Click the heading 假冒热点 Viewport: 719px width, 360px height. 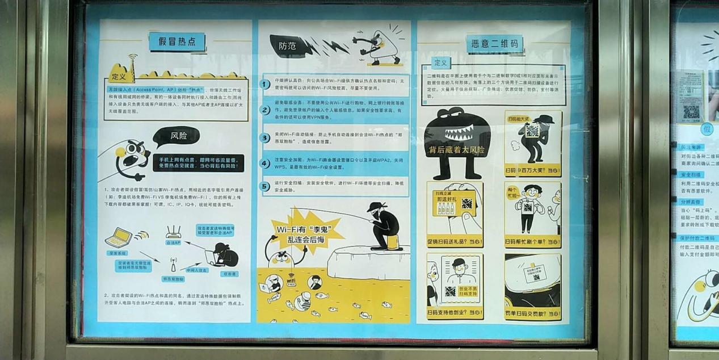coord(177,41)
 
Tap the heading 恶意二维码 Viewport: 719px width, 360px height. coord(494,44)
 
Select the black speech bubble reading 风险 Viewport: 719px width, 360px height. coord(176,136)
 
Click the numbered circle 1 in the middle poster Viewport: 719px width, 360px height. coord(264,84)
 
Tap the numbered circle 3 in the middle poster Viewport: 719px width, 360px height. coord(264,137)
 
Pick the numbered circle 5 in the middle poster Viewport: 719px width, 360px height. coord(264,186)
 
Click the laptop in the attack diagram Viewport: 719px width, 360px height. coord(119,237)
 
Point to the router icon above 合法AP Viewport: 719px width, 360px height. coord(173,232)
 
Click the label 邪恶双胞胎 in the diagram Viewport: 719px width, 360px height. coord(173,279)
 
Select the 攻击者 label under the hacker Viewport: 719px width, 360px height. coord(229,274)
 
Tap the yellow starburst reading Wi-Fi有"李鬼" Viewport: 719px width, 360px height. coord(300,233)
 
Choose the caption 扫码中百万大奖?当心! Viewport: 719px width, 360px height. coord(532,170)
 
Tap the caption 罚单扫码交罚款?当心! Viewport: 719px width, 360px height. coord(532,313)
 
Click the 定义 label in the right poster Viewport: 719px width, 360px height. coord(440,62)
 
